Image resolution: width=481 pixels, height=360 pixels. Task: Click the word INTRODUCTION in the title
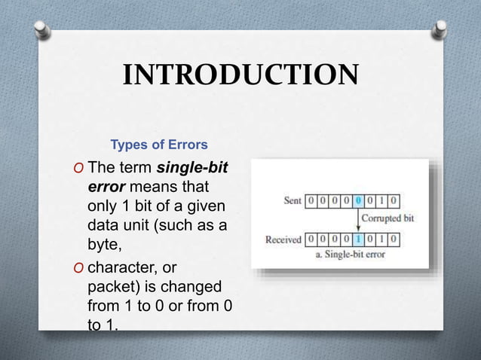click(x=240, y=75)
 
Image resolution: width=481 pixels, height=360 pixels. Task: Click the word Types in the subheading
click(x=127, y=143)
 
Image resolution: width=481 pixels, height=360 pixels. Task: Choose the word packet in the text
click(x=109, y=288)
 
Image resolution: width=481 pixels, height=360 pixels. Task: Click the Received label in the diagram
click(x=283, y=240)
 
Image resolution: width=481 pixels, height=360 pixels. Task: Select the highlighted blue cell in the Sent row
click(x=357, y=201)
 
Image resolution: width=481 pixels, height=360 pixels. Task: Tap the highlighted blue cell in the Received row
click(x=357, y=240)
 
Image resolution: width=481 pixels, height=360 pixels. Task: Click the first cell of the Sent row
click(x=310, y=201)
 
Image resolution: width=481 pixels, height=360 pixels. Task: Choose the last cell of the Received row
click(x=394, y=240)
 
